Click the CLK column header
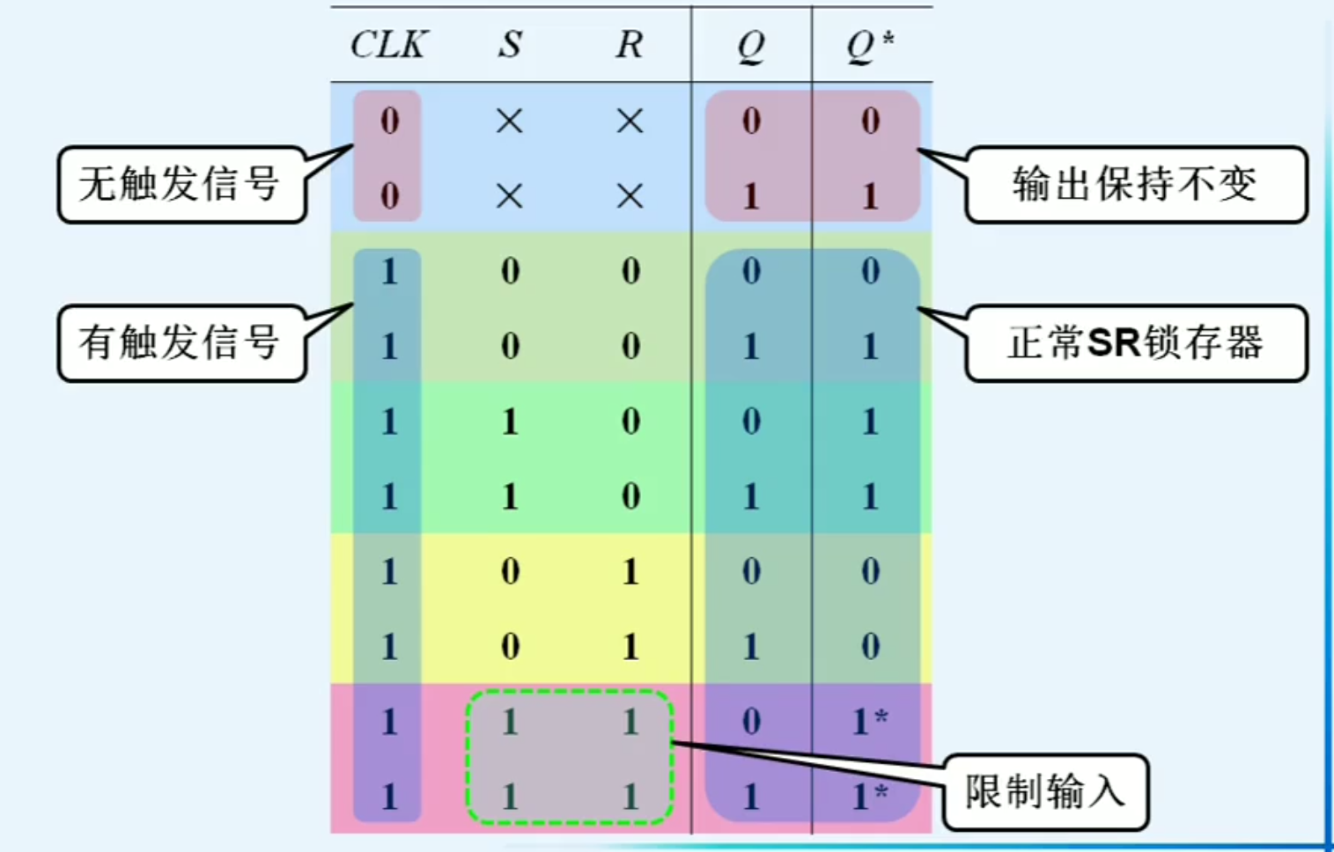[x=388, y=44]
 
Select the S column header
[x=510, y=44]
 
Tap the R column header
[x=629, y=44]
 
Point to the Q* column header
[x=870, y=45]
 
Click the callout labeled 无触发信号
[x=181, y=184]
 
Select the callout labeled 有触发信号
[x=181, y=342]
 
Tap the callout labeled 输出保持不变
[x=1135, y=184]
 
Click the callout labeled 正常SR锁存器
[x=1135, y=342]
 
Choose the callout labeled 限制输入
[x=1045, y=791]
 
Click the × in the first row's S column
[x=510, y=121]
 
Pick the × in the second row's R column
[x=630, y=195]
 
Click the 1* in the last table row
[x=869, y=797]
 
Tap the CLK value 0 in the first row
[x=389, y=121]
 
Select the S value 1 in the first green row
[x=510, y=422]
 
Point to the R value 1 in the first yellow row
[x=630, y=572]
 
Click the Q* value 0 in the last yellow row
[x=870, y=647]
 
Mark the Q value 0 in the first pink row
[x=750, y=722]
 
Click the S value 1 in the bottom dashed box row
[x=510, y=797]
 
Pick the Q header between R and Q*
[x=750, y=45]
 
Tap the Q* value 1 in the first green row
[x=870, y=422]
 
